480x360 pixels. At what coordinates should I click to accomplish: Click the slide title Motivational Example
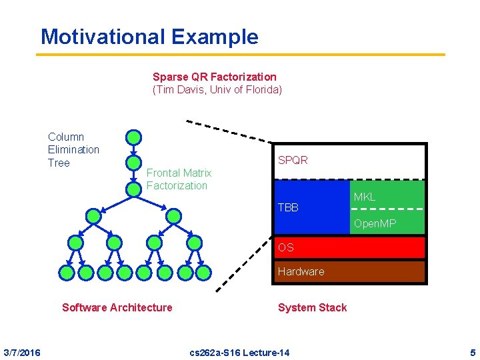(149, 36)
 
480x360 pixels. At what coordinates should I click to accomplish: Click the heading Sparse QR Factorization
(214, 77)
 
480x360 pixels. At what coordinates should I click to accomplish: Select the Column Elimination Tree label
(73, 149)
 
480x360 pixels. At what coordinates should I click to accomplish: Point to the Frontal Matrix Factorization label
(179, 179)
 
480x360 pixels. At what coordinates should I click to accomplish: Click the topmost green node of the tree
(134, 137)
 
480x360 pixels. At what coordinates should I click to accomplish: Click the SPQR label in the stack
(293, 161)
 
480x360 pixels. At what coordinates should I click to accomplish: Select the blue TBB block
(310, 207)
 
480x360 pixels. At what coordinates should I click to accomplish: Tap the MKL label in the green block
(364, 197)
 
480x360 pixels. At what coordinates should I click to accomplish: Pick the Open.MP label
(375, 224)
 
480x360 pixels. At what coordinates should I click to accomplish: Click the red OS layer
(349, 247)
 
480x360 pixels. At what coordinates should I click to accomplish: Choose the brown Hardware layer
(349, 271)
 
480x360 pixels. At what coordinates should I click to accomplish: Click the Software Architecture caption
(117, 307)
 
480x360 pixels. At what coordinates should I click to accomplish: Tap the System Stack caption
(312, 307)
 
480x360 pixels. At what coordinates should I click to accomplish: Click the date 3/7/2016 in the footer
(21, 352)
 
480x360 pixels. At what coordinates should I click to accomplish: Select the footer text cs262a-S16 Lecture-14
(239, 352)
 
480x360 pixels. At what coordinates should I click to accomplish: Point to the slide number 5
(472, 352)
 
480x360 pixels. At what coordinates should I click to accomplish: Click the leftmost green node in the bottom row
(67, 272)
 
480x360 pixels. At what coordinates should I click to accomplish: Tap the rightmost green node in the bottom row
(203, 272)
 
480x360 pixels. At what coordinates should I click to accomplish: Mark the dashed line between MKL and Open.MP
(387, 209)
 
